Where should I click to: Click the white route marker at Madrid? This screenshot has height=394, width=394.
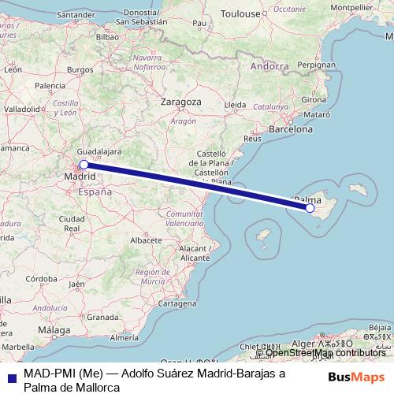pyautogui.click(x=84, y=165)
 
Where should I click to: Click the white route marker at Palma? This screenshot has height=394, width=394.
pyautogui.click(x=310, y=208)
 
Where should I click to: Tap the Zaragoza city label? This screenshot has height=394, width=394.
pyautogui.click(x=180, y=102)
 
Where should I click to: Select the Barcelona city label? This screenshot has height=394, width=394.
pyautogui.click(x=292, y=128)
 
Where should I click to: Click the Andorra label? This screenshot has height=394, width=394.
pyautogui.click(x=269, y=67)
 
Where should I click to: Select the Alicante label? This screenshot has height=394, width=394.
pyautogui.click(x=194, y=257)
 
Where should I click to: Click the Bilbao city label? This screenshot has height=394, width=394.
pyautogui.click(x=108, y=35)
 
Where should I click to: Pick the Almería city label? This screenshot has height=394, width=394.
pyautogui.click(x=125, y=337)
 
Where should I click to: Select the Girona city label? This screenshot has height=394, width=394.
pyautogui.click(x=314, y=99)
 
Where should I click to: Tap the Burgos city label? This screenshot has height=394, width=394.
pyautogui.click(x=80, y=69)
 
